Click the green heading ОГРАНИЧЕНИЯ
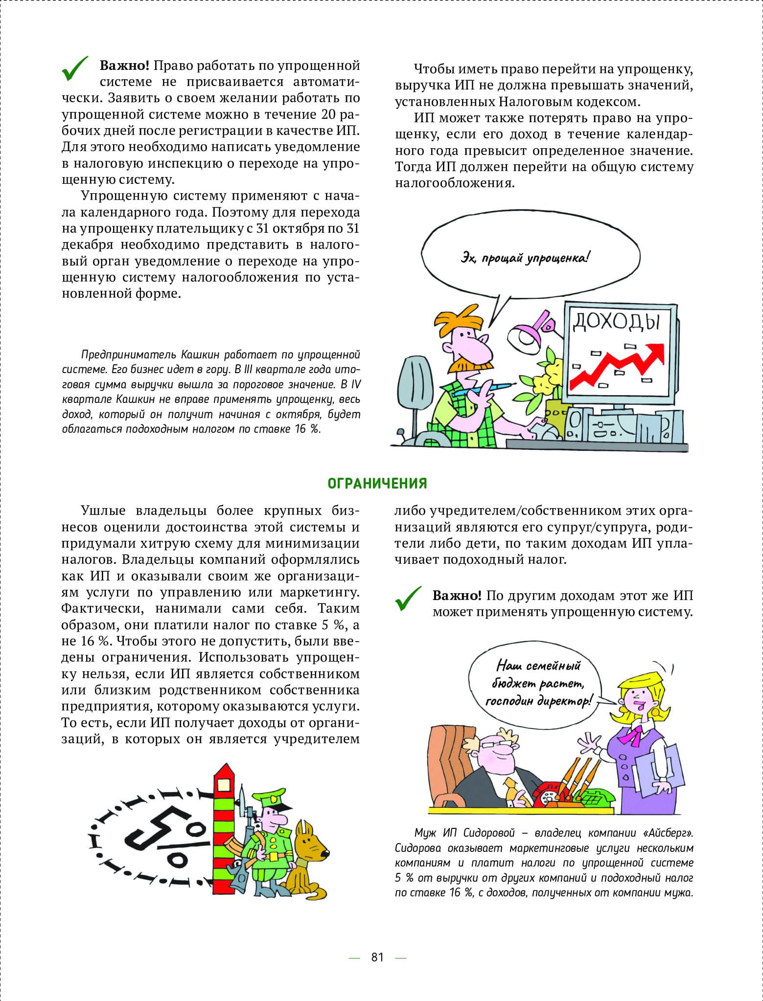click(x=377, y=484)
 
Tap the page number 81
click(x=377, y=957)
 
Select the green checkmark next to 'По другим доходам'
click(x=408, y=599)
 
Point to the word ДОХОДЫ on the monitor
click(x=616, y=321)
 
